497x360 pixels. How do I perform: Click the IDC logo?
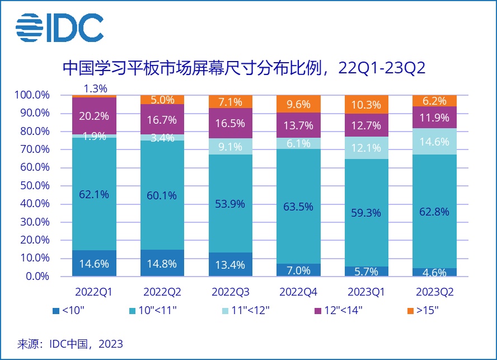click(59, 26)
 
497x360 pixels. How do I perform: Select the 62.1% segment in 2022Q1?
click(94, 194)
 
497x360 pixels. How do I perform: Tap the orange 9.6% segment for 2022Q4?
click(298, 104)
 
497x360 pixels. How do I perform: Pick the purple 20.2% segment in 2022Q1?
click(94, 115)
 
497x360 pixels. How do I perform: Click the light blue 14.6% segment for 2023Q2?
click(434, 142)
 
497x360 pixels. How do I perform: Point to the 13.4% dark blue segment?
click(230, 264)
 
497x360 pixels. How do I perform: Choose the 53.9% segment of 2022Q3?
click(230, 204)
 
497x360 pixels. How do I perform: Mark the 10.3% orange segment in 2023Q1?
click(367, 105)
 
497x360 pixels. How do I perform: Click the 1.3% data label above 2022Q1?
click(94, 88)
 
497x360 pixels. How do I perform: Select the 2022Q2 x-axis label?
click(162, 292)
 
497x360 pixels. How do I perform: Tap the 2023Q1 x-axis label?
click(367, 292)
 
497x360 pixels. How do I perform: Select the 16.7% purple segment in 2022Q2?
click(162, 119)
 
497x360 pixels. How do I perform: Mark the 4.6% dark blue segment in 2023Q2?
click(434, 273)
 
